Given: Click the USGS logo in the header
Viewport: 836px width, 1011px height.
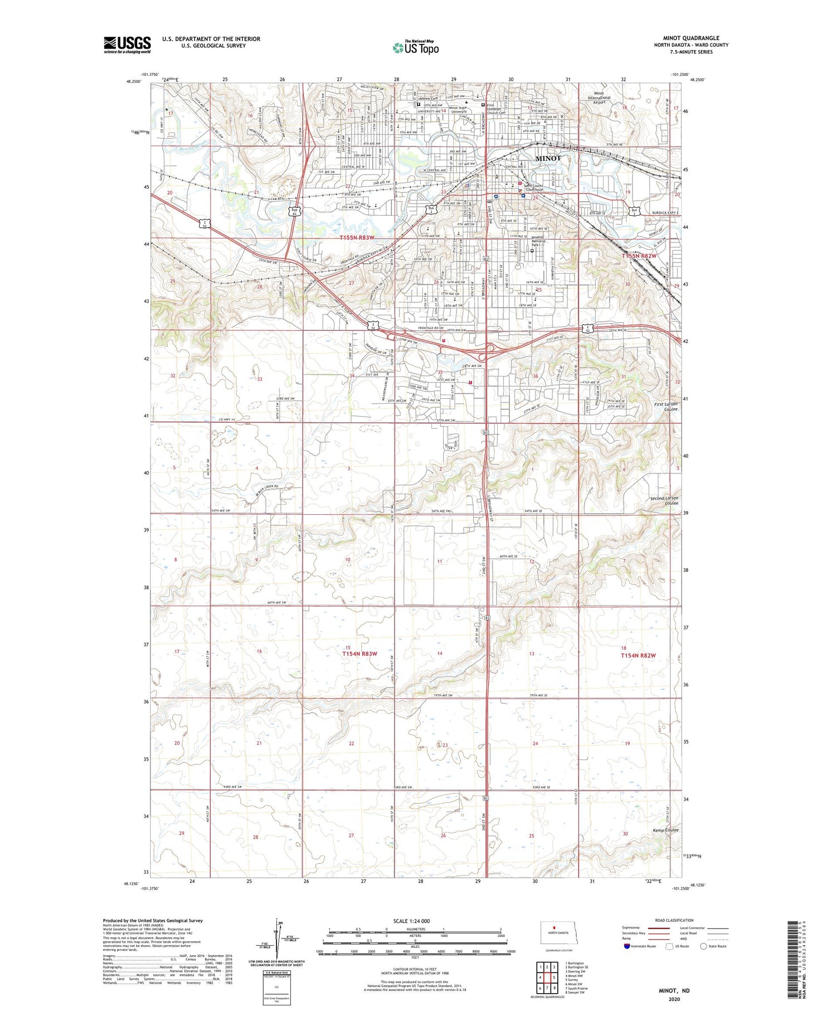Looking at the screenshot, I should tap(127, 45).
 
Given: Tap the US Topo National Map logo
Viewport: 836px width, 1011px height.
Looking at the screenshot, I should tap(415, 48).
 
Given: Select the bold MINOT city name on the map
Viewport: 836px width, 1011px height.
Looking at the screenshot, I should tap(548, 158).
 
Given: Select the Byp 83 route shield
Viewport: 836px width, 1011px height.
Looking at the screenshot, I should tap(295, 211).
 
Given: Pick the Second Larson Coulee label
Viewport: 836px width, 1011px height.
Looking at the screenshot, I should tap(664, 500).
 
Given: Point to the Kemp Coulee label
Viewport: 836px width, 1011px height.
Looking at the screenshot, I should tap(665, 830).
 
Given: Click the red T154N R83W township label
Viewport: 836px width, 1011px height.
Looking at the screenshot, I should tap(359, 653).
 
